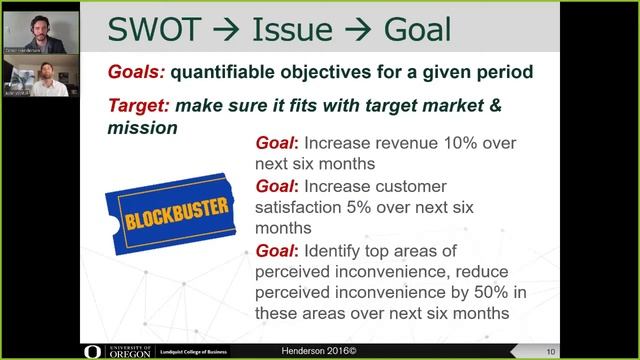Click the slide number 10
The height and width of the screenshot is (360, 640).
[x=621, y=350]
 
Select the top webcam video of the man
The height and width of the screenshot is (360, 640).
[x=40, y=30]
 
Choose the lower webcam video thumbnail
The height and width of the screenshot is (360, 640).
[x=40, y=80]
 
